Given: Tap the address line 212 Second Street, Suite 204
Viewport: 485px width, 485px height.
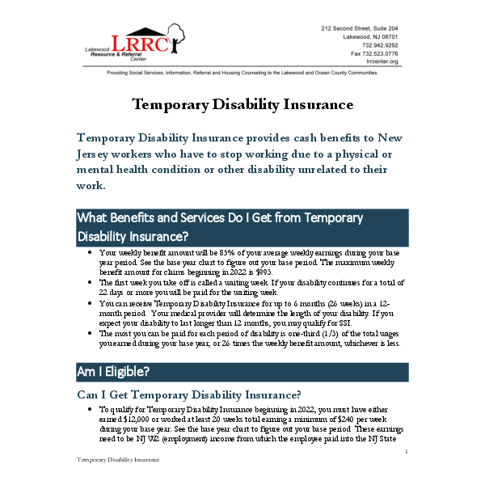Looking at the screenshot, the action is tap(360, 29).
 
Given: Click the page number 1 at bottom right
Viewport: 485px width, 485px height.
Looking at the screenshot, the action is tap(405, 452).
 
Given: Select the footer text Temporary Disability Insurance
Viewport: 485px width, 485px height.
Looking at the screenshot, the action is tap(118, 458).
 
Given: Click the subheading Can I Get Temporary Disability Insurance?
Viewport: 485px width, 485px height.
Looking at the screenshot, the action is tap(188, 394).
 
